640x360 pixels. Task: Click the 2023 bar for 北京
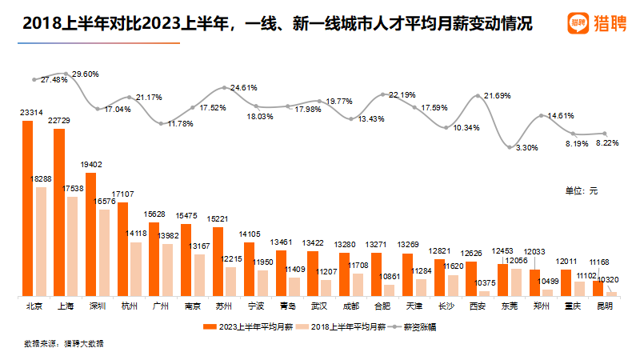pyautogui.click(x=27, y=208)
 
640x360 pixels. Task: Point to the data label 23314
pyautogui.click(x=31, y=114)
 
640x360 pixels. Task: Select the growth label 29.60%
pyautogui.click(x=86, y=74)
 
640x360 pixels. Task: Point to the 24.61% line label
pyautogui.click(x=244, y=87)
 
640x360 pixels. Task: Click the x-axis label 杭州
pyautogui.click(x=130, y=306)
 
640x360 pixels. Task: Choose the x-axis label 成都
pyautogui.click(x=350, y=306)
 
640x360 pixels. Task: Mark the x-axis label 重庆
pyautogui.click(x=573, y=306)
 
